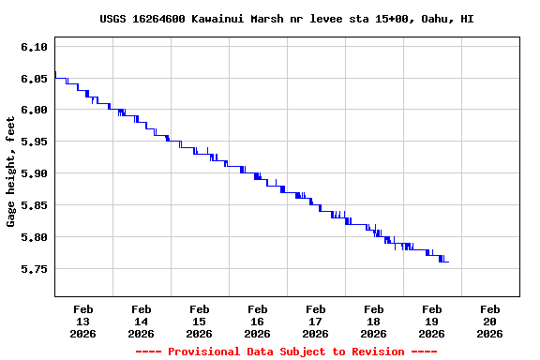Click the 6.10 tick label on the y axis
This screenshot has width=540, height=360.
(34, 47)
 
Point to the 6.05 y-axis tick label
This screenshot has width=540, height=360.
(34, 79)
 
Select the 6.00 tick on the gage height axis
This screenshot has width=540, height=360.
(34, 111)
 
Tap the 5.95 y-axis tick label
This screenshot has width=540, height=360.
(34, 142)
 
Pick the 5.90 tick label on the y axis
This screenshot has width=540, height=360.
(34, 174)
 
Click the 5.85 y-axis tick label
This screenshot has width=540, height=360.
(34, 205)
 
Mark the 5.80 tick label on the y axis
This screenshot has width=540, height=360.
(34, 237)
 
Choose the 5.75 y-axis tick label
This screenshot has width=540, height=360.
(34, 269)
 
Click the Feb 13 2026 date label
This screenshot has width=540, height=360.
(82, 321)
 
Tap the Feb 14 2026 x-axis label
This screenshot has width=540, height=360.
(141, 321)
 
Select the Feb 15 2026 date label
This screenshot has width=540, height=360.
(199, 321)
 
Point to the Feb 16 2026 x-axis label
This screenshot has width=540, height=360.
(257, 321)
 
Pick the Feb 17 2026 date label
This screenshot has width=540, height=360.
(315, 321)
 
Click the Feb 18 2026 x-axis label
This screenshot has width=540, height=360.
(373, 321)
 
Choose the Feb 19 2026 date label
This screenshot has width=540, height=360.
(431, 321)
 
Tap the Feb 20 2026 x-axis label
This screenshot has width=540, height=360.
(489, 321)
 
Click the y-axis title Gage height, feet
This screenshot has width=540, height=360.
(12, 178)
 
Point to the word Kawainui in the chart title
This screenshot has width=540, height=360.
(232, 19)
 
